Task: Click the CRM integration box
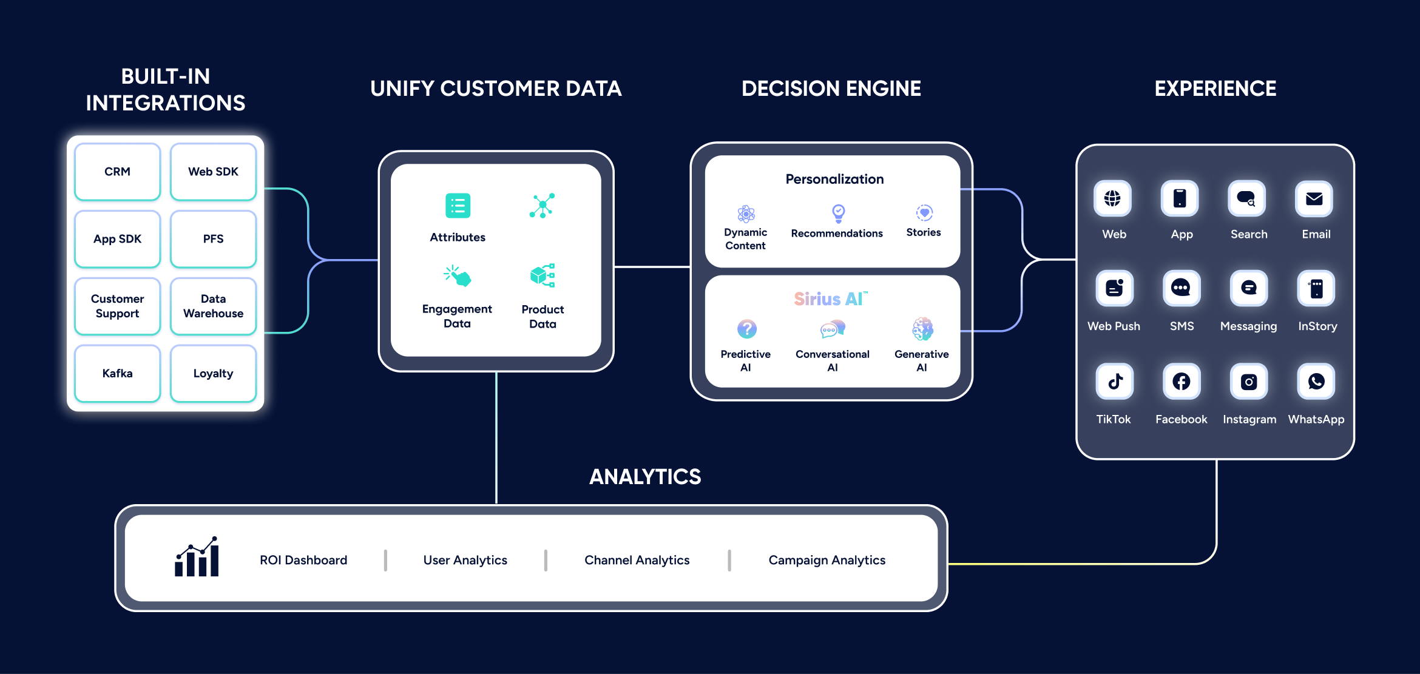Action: tap(117, 172)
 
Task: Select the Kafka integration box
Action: tap(117, 373)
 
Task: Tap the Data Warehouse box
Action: tap(213, 306)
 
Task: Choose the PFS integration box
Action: tap(213, 239)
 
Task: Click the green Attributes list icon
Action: tap(458, 206)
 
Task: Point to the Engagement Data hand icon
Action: tap(458, 276)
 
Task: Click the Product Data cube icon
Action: tap(543, 275)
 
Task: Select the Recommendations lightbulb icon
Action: tap(838, 213)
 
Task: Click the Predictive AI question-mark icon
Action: tap(746, 329)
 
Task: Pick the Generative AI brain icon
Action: tap(922, 329)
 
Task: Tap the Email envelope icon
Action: tap(1314, 198)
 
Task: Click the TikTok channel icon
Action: tap(1115, 382)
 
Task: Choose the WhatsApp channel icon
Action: tap(1316, 382)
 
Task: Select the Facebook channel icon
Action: tap(1182, 382)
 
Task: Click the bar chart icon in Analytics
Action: tap(197, 557)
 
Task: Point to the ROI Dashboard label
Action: tap(303, 560)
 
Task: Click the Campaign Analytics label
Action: tap(827, 560)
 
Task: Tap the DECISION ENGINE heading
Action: tap(831, 89)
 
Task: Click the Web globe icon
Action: tap(1112, 198)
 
